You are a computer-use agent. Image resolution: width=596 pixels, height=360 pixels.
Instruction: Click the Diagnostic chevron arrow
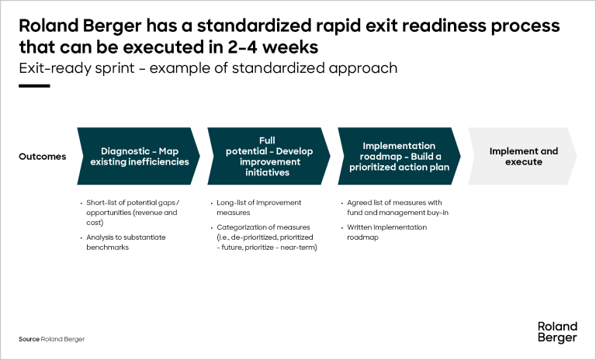tap(138, 156)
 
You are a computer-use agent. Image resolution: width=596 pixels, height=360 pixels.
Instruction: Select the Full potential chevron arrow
tap(269, 156)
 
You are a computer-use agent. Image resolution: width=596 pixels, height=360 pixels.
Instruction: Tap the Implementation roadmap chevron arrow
tap(399, 156)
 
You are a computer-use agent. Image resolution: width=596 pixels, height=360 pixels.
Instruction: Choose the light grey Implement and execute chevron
tap(522, 156)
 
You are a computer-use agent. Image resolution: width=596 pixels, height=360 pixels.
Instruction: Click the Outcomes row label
tap(42, 157)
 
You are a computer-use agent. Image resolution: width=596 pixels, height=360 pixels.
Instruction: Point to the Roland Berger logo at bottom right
tap(557, 332)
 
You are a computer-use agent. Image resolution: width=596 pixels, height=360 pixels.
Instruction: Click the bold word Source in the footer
tap(29, 339)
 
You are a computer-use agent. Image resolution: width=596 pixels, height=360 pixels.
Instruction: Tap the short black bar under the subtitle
tap(34, 86)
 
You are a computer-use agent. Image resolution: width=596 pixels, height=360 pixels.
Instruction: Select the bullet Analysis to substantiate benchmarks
tap(126, 242)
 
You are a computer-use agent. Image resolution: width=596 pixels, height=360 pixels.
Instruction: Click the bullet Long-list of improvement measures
tap(259, 208)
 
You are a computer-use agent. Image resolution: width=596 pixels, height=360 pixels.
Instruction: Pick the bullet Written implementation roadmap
tap(386, 232)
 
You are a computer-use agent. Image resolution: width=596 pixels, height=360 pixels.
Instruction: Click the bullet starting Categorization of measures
tap(267, 237)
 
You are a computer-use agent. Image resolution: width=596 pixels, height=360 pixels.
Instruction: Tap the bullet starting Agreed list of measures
tap(397, 208)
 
